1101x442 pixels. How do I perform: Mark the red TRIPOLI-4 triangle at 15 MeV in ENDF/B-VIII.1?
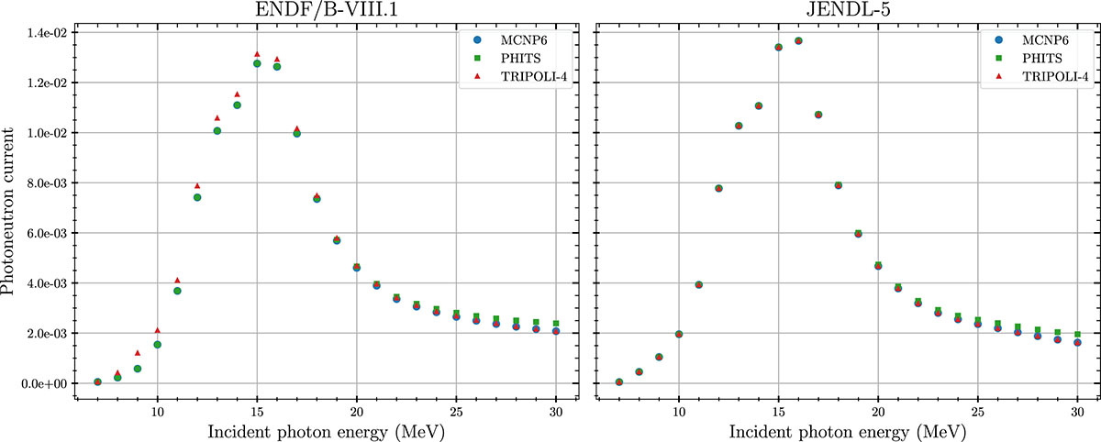[258, 55]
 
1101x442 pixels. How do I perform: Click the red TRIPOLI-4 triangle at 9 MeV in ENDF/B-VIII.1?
[138, 352]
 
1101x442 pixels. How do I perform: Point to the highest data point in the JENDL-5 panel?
[798, 40]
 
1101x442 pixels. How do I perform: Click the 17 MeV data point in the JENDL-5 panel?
[818, 115]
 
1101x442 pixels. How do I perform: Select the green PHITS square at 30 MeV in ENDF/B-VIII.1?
[556, 323]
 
